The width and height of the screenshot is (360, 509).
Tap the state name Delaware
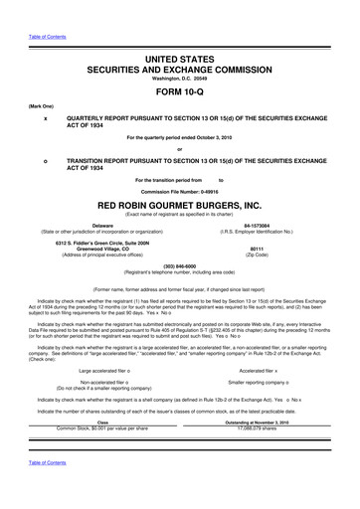[x=102, y=225]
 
